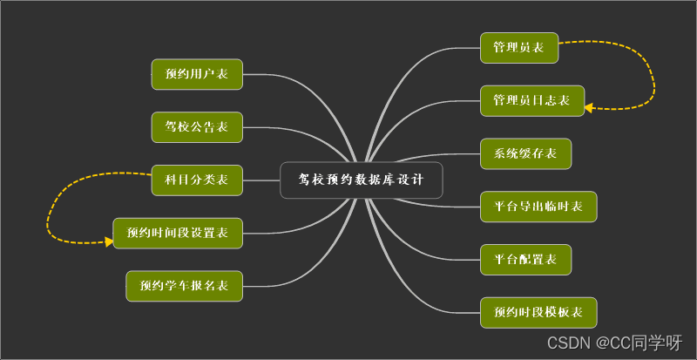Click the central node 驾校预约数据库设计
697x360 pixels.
[361, 180]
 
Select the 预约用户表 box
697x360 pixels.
[196, 74]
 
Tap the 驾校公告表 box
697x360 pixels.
[196, 127]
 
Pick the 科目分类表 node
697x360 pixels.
[196, 180]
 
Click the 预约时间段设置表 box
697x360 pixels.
[177, 233]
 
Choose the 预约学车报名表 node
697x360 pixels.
[184, 285]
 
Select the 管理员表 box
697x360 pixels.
[518, 48]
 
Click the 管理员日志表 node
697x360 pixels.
[531, 101]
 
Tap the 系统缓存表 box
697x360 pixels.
[525, 153]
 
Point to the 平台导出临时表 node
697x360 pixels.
[538, 207]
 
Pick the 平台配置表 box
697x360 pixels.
[525, 259]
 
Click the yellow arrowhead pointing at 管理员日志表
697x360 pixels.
[589, 108]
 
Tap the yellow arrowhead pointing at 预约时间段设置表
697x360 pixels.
[109, 241]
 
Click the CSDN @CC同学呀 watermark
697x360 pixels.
[614, 342]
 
